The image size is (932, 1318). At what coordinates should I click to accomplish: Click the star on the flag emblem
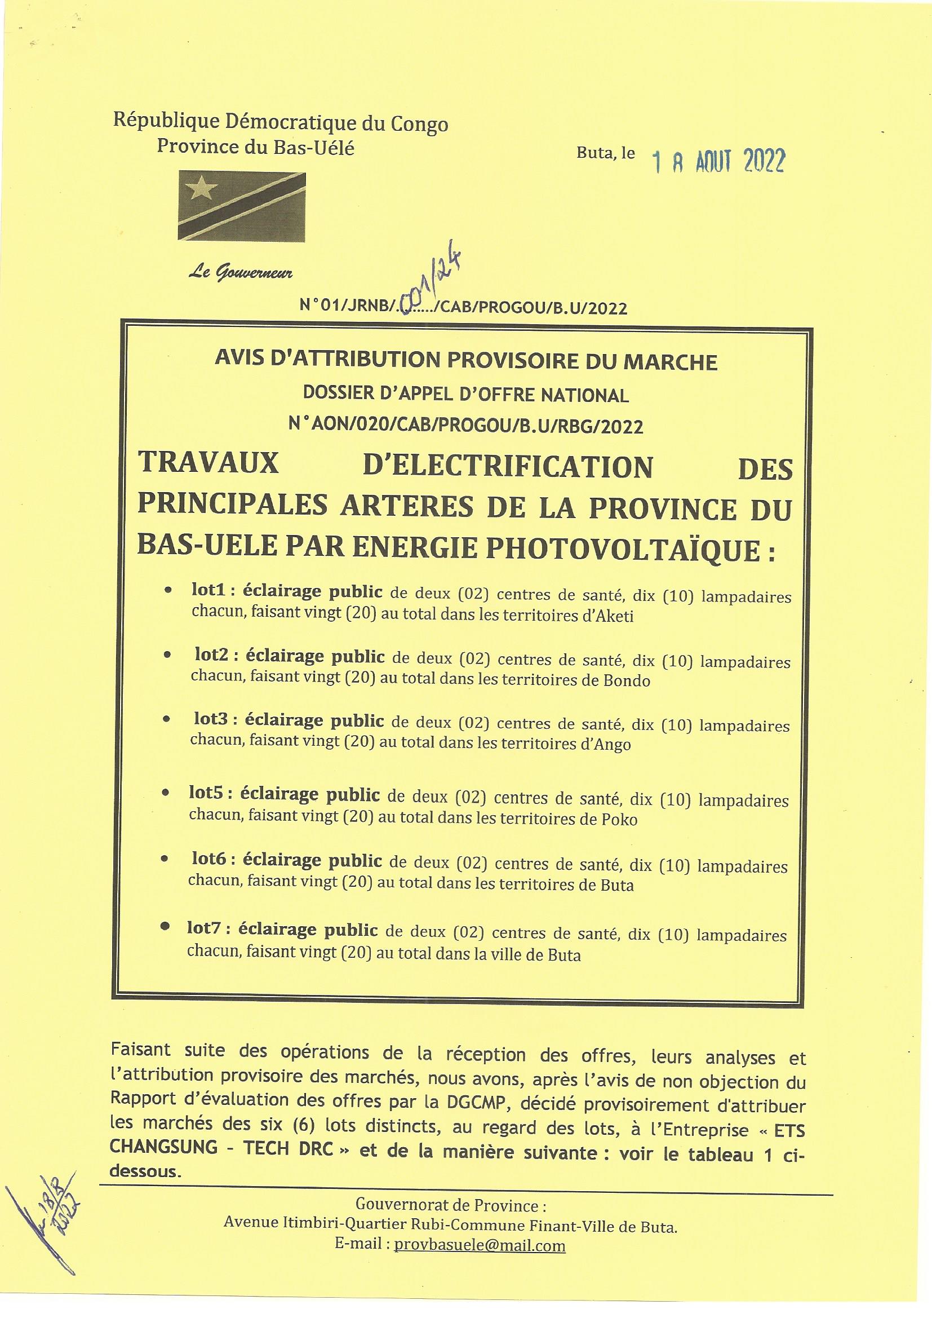tap(201, 189)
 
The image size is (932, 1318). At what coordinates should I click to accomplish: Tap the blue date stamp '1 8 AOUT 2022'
tap(718, 162)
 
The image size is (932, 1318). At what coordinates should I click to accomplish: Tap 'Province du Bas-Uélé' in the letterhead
tap(255, 148)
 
